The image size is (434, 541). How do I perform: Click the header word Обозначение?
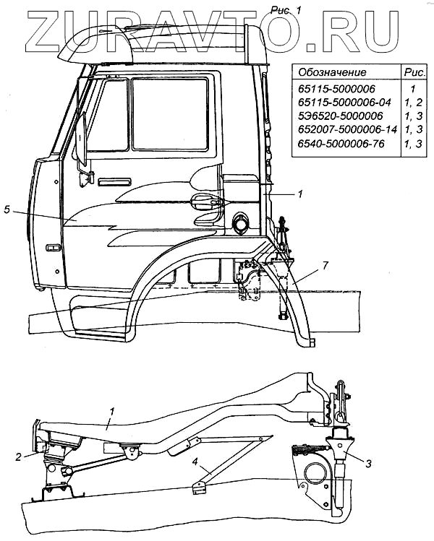pyautogui.click(x=333, y=73)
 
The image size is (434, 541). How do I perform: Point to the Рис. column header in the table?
pyautogui.click(x=413, y=73)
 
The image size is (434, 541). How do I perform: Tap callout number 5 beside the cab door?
pyautogui.click(x=7, y=210)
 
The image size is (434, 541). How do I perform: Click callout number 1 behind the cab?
pyautogui.click(x=300, y=194)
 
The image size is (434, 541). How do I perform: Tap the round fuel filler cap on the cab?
pyautogui.click(x=239, y=223)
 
